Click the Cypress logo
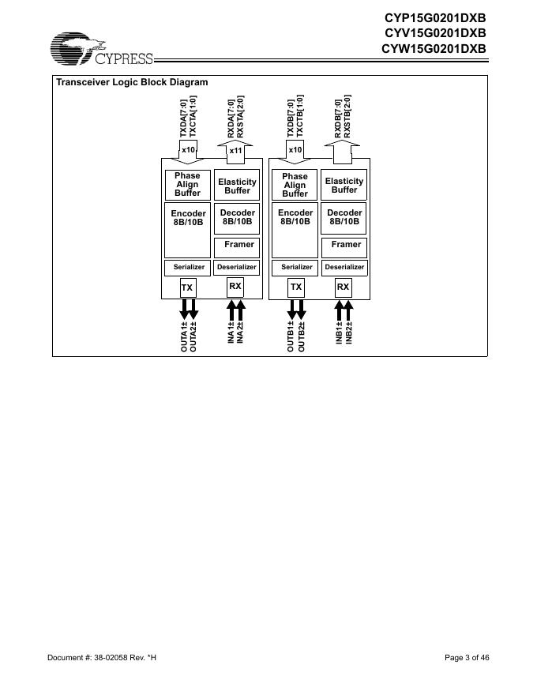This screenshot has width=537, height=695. [x=101, y=50]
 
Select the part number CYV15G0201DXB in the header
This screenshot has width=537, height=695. [x=434, y=32]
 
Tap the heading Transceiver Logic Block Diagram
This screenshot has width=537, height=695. [x=132, y=82]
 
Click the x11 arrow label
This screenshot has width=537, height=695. [x=235, y=150]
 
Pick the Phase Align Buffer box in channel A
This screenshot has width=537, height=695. [x=187, y=184]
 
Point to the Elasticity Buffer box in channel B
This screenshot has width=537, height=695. [x=344, y=185]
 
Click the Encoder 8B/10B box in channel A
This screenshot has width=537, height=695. [x=188, y=217]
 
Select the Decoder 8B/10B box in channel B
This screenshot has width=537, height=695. [x=344, y=217]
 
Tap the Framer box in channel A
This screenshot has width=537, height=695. [x=238, y=245]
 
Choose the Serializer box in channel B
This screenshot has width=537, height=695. [x=295, y=267]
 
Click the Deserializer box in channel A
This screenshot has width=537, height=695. [x=237, y=267]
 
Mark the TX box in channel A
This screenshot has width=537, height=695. [x=187, y=287]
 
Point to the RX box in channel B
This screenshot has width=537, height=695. [x=343, y=287]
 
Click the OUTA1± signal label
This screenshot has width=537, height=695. [x=184, y=336]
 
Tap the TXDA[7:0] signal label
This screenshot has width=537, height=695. [x=184, y=118]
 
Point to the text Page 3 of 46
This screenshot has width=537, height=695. [x=467, y=657]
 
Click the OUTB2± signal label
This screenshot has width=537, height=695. [x=300, y=336]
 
